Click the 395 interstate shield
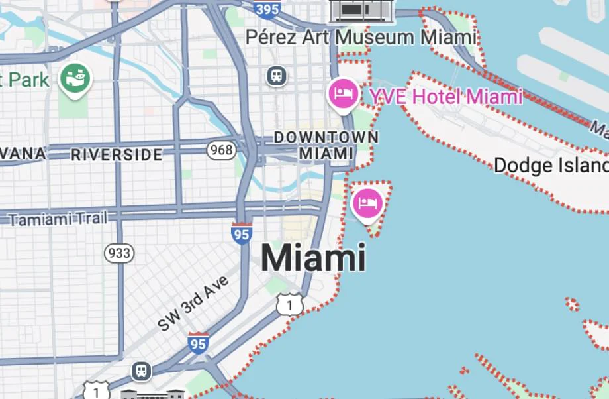click(266, 7)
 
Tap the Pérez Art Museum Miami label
click(361, 37)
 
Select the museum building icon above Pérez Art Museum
click(361, 9)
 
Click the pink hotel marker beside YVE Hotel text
click(344, 93)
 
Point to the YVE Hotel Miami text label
click(445, 97)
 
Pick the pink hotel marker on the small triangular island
click(367, 203)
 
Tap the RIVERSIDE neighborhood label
click(117, 155)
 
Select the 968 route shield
click(220, 150)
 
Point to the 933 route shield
click(119, 253)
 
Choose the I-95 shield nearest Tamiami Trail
click(241, 233)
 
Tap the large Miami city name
click(313, 258)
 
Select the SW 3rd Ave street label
click(193, 304)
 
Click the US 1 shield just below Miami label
click(290, 304)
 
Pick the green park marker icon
click(75, 79)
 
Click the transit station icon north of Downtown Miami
click(277, 76)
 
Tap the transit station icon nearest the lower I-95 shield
click(141, 371)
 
